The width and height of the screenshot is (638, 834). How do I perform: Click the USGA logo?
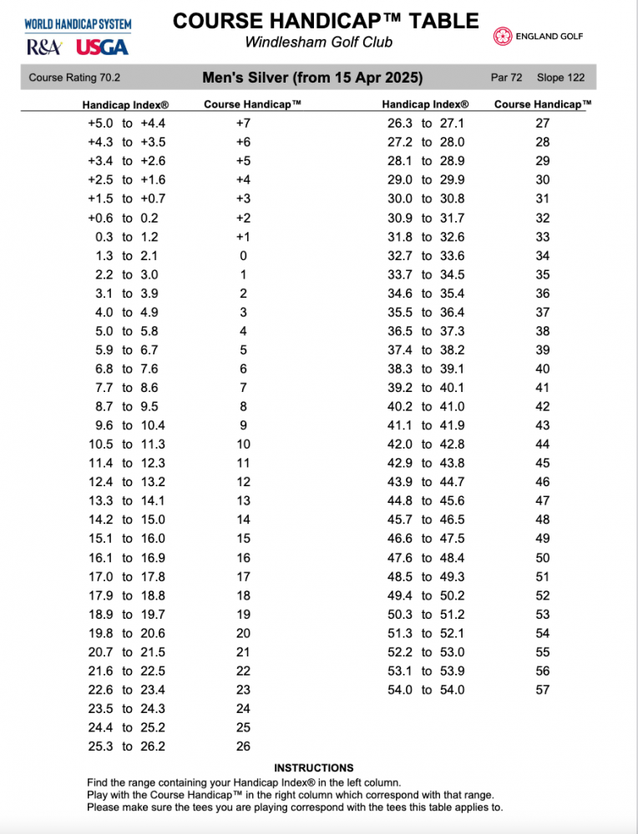point(102,47)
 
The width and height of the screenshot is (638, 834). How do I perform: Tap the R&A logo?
point(43,47)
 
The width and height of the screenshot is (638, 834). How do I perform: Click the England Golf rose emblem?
point(503,36)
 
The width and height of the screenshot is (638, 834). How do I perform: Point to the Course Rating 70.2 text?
point(74,78)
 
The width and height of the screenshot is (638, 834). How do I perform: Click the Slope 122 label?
point(561,78)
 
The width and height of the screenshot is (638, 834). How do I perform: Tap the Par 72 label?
point(507,78)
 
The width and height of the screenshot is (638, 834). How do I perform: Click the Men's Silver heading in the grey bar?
point(312,78)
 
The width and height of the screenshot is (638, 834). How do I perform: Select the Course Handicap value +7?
point(243,123)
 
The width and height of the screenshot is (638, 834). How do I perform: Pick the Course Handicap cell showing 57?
point(543,690)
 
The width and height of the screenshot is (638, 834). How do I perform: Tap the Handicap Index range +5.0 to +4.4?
point(126,123)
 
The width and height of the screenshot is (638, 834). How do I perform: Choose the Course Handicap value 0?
point(243,256)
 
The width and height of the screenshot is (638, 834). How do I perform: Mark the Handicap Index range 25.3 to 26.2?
point(126,746)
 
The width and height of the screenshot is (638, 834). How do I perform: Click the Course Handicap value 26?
point(243,746)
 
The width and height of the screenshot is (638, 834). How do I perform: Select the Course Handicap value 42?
point(543,407)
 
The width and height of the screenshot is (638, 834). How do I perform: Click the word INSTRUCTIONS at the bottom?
point(314,768)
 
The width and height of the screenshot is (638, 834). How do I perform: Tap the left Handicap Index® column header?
point(126,105)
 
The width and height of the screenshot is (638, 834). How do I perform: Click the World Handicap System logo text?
point(77,23)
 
